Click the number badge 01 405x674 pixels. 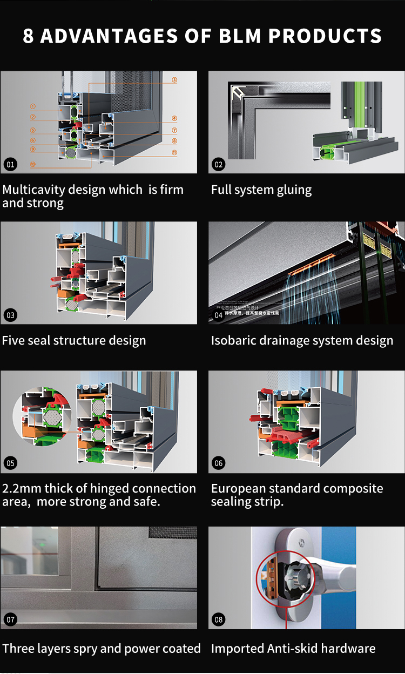(x=10, y=164)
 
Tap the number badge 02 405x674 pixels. (x=218, y=164)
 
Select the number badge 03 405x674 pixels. (x=10, y=315)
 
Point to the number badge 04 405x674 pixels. (x=218, y=315)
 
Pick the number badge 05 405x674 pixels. (x=10, y=463)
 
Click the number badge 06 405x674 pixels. (x=218, y=463)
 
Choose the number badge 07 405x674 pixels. (x=10, y=619)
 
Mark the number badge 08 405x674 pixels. (x=218, y=619)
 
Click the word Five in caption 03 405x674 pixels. (x=13, y=341)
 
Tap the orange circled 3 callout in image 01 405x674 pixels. (x=174, y=80)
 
